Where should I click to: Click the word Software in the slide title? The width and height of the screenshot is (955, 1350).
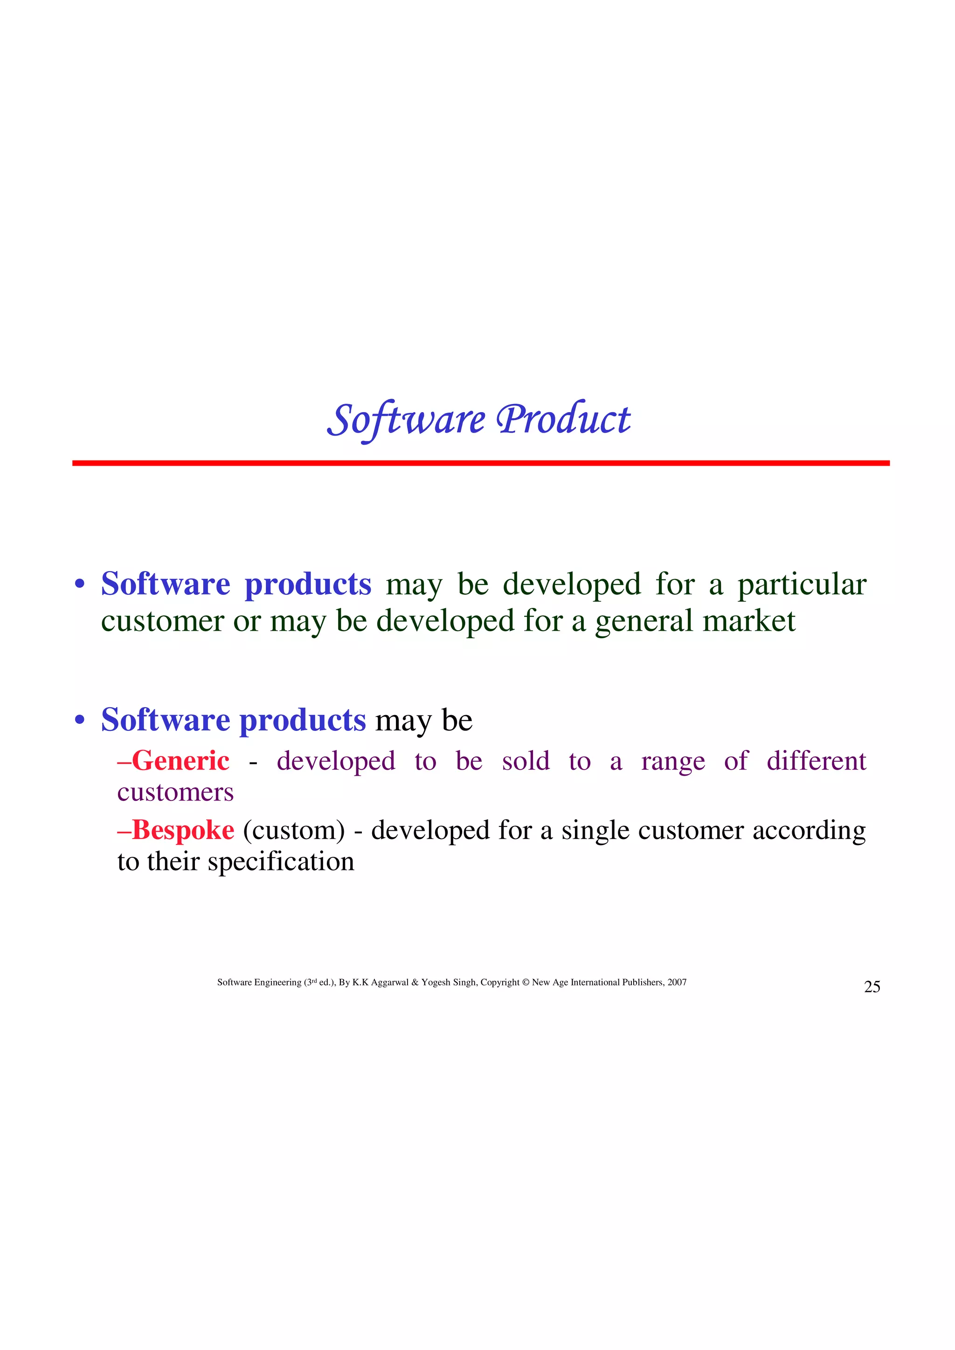tap(406, 420)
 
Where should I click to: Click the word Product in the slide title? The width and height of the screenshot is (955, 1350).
tap(563, 420)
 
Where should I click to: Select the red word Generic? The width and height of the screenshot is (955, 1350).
tap(180, 761)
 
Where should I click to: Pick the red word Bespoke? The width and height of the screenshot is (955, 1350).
tap(183, 830)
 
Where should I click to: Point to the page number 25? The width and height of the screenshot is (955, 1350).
tap(872, 987)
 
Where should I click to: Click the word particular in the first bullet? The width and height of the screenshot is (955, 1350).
tap(802, 585)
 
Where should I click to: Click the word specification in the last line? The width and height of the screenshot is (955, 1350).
tap(281, 862)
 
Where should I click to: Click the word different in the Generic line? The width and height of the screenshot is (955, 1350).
tap(816, 761)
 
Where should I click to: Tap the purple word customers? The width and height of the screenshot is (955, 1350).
tap(175, 792)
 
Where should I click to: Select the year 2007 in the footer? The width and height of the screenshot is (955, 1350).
tap(677, 983)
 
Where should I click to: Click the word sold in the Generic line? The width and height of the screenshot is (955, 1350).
tap(526, 761)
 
